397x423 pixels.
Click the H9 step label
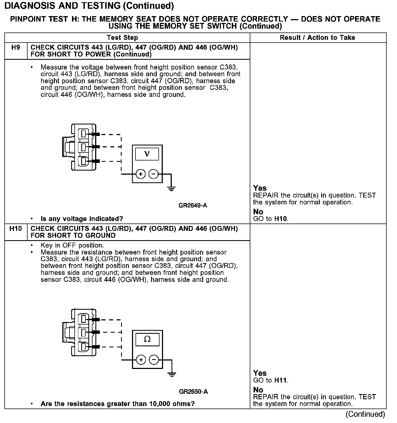pos(16,48)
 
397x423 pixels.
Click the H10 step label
pos(16,229)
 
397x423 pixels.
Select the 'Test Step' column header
pos(122,38)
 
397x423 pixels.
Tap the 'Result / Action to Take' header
pos(317,38)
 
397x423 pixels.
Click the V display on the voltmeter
pos(147,154)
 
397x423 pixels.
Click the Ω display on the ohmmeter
pos(147,339)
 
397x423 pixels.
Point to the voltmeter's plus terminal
pos(140,174)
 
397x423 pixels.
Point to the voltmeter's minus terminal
pos(154,174)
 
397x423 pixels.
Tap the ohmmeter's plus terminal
pos(141,360)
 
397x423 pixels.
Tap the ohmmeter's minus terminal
pos(154,360)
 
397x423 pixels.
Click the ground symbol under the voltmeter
pos(171,188)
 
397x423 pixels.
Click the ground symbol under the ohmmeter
pos(172,374)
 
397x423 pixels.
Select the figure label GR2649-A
pos(193,205)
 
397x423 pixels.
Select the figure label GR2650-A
pos(193,392)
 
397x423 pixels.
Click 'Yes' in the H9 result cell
pos(260,188)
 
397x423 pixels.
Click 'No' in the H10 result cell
pos(258,390)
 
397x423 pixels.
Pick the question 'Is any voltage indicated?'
pos(82,219)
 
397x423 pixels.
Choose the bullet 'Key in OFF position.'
pos(72,245)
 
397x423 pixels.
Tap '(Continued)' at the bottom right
pos(365,414)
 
